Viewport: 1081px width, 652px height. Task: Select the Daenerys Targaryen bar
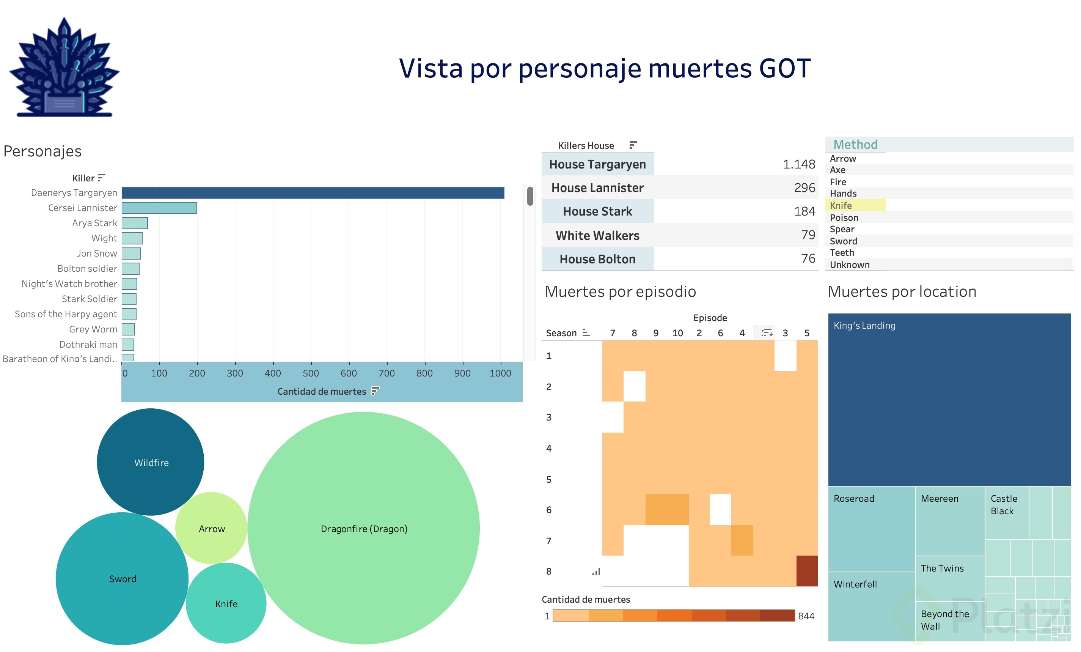point(313,193)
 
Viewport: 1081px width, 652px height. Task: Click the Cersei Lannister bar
point(159,208)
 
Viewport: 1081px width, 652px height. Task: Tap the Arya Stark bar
point(134,223)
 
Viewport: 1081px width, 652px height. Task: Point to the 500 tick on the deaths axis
point(311,373)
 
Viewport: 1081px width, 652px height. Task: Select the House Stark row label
point(597,212)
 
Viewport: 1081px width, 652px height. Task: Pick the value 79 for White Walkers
point(807,235)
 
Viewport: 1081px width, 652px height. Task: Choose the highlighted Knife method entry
point(841,205)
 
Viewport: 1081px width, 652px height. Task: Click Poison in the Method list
point(844,218)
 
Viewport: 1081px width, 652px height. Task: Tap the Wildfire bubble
point(151,462)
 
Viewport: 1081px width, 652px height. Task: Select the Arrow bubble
point(212,529)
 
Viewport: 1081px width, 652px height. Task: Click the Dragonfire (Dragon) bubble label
point(364,529)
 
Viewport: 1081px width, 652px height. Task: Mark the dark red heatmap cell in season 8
point(806,571)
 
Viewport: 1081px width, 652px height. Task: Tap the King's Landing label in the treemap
point(864,325)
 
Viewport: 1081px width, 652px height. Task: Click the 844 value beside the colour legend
point(806,616)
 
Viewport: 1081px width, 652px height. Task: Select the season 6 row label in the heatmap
point(548,510)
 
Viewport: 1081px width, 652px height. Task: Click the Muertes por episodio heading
point(620,291)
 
